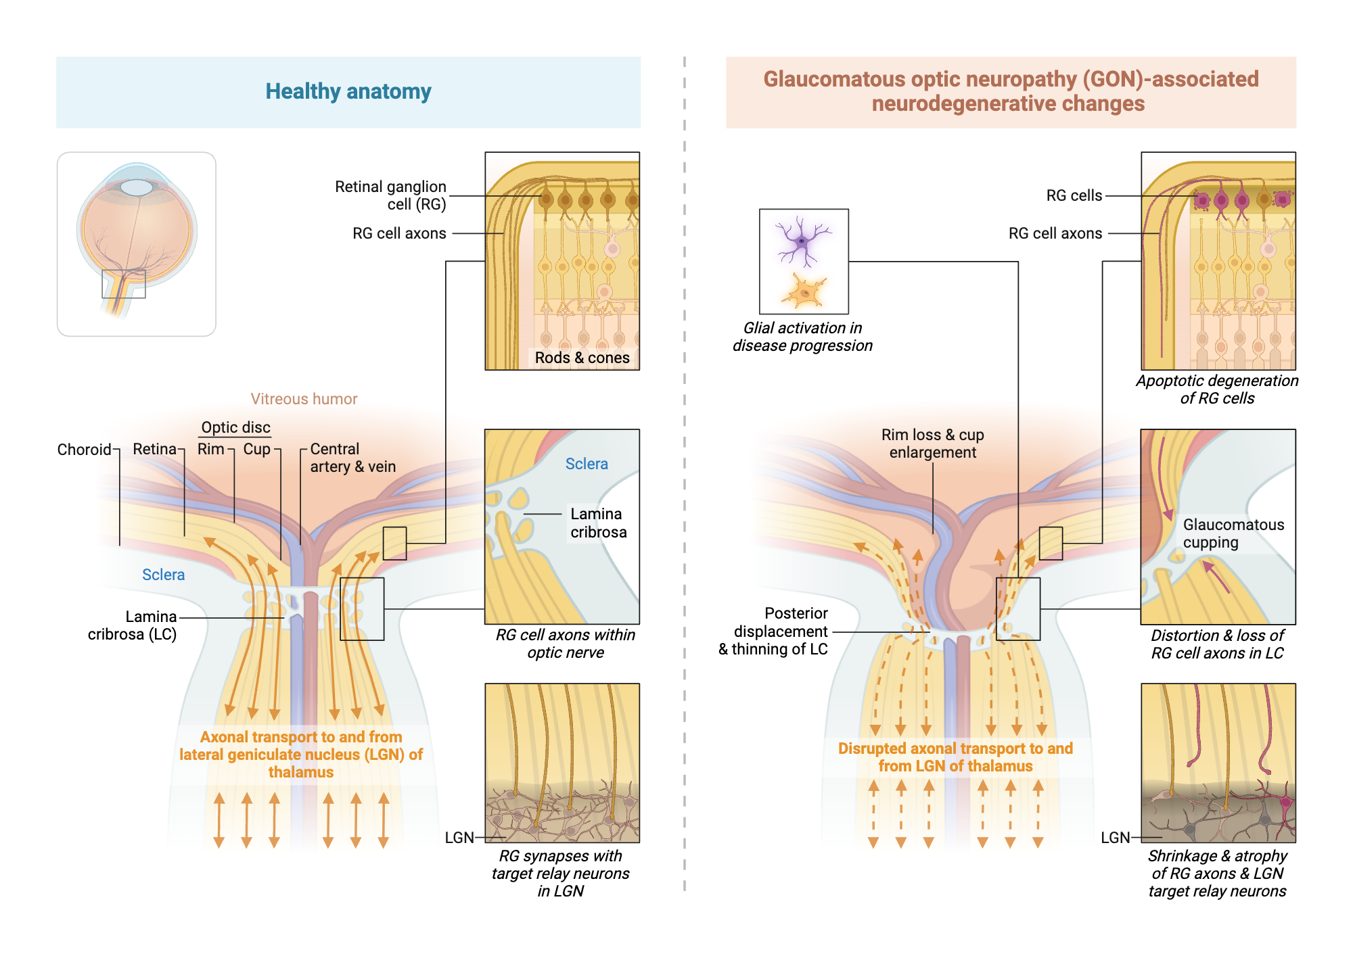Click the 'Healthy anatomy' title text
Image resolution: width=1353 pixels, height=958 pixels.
pos(348,91)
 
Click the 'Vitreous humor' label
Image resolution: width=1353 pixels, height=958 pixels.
pos(304,399)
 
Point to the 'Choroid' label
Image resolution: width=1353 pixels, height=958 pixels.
pos(84,450)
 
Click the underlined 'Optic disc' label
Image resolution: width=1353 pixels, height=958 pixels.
pos(235,427)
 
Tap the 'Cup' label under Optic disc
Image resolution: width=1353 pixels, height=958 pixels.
pos(256,449)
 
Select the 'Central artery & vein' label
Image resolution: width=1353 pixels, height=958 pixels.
pos(352,458)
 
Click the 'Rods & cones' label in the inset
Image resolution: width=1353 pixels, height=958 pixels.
pos(582,358)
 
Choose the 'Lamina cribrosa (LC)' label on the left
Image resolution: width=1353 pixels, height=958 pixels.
pos(133,625)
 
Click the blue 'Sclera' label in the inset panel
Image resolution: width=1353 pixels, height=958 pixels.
pos(587,464)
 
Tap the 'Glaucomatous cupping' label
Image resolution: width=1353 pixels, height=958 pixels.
pos(1233,533)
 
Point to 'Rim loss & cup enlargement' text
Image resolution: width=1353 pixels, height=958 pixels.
pos(932,444)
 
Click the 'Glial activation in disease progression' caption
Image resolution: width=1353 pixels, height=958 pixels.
pos(802,337)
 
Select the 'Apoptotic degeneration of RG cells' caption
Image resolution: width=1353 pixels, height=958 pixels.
pos(1217,389)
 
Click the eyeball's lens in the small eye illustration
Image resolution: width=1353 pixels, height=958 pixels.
pos(137,187)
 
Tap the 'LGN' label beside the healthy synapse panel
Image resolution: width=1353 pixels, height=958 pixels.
pos(459,838)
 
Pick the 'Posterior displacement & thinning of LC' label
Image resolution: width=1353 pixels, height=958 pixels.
pos(774,631)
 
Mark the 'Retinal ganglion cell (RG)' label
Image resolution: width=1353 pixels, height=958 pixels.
pos(390,195)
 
